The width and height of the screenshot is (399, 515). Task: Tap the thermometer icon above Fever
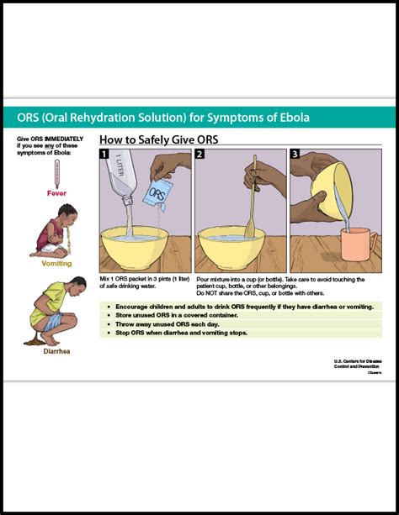56,175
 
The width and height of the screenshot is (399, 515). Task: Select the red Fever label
56,192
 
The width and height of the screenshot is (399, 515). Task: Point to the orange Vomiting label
56,263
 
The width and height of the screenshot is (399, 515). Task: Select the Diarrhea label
56,350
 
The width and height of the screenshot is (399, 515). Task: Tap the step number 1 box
104,155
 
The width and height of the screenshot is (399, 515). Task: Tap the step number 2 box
200,155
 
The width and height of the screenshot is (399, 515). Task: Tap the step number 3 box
295,155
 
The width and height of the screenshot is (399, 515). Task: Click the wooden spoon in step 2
251,210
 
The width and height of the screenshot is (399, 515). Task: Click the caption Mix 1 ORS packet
143,281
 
